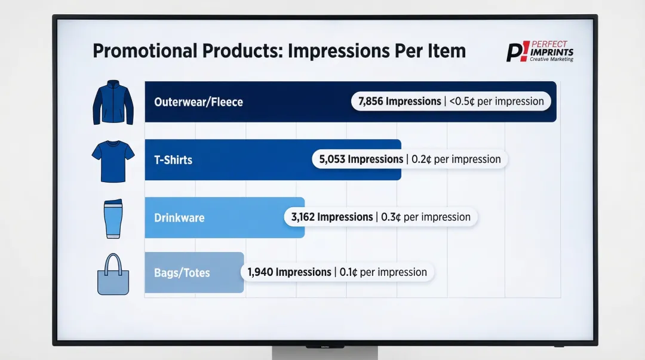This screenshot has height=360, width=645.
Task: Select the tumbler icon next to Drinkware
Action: [x=113, y=219]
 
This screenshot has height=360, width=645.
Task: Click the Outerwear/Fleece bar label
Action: [x=198, y=102]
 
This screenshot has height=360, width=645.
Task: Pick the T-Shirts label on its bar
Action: [x=173, y=160]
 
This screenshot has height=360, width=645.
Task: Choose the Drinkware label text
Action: [x=179, y=218]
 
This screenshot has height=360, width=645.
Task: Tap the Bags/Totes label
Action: [x=182, y=273]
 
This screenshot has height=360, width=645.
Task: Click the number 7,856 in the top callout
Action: [x=370, y=101]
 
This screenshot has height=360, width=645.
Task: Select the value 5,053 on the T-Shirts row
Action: [x=332, y=159]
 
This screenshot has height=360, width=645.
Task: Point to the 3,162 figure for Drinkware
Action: [x=303, y=217]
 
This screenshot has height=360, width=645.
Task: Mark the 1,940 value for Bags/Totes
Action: [x=260, y=272]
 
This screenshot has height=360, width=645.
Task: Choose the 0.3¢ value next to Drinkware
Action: [x=391, y=217]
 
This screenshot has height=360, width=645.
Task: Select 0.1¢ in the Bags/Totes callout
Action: [x=348, y=272]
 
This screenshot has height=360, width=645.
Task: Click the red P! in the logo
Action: [x=515, y=52]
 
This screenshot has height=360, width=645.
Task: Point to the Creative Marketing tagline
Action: [x=551, y=60]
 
